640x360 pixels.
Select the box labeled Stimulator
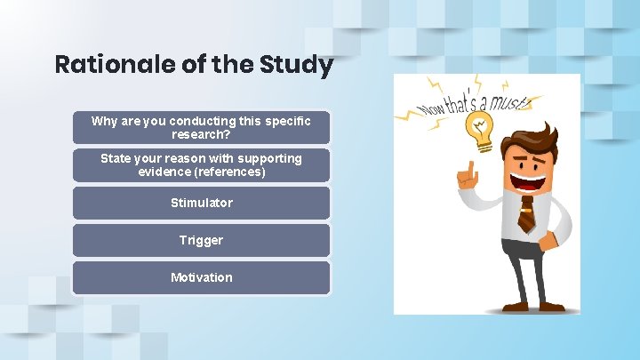tap(202, 203)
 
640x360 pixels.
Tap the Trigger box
tap(202, 240)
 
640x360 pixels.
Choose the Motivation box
tap(202, 277)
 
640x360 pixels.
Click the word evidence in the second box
tap(164, 172)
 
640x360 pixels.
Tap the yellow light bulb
tap(481, 130)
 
